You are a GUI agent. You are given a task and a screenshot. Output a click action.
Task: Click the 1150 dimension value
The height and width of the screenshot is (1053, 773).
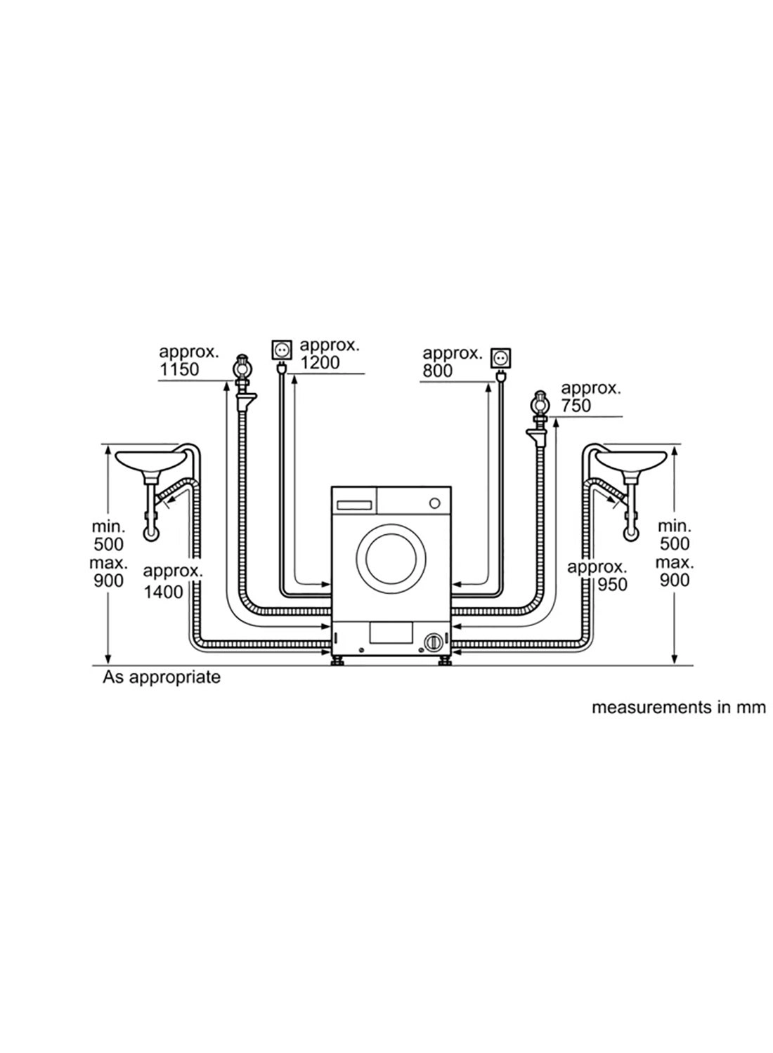[x=179, y=369]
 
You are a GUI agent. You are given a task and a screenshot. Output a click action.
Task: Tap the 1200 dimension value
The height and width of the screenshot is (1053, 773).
[x=320, y=363]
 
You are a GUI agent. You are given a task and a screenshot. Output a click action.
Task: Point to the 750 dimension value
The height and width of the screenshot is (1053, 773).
[x=576, y=406]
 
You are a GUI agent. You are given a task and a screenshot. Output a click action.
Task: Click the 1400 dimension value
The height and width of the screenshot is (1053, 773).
[x=163, y=592]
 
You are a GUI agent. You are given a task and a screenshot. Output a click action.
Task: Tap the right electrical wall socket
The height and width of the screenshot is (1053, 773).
[x=501, y=357]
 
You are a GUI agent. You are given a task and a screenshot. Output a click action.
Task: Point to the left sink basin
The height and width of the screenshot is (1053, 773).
[x=150, y=461]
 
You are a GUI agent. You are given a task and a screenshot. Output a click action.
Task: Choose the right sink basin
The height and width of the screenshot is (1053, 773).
[x=632, y=461]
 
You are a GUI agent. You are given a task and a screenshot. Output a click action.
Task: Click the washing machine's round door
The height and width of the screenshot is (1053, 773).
[x=391, y=552]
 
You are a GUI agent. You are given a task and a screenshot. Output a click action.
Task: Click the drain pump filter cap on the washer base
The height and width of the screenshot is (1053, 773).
[x=434, y=642]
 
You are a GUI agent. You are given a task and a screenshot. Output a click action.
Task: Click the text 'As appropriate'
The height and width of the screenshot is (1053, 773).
[x=162, y=677]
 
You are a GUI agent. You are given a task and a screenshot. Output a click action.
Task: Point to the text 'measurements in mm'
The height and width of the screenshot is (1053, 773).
[x=678, y=708]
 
